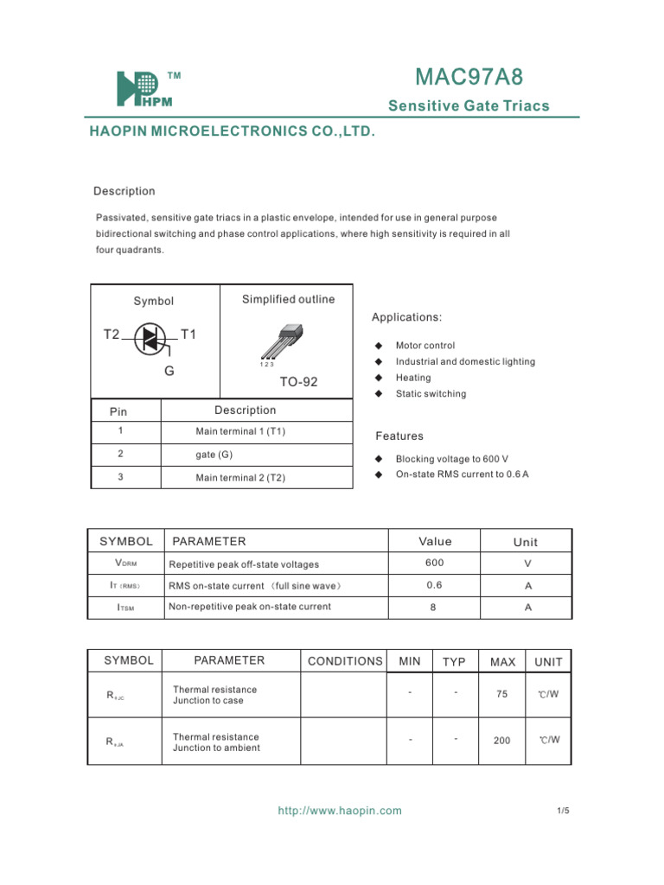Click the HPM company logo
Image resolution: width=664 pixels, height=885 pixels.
[x=145, y=89]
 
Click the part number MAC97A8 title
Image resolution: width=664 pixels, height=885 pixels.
[x=469, y=78]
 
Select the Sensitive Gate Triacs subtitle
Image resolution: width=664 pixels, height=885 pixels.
[x=469, y=106]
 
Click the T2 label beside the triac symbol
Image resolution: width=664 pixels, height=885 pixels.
[x=112, y=334]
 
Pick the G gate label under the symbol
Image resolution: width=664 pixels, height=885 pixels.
[x=169, y=371]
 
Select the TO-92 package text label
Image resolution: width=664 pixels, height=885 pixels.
[x=298, y=381]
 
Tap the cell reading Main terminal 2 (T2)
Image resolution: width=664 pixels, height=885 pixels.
[x=240, y=477]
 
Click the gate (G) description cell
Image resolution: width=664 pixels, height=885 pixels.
[x=214, y=454]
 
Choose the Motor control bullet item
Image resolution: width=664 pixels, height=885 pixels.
[x=425, y=346]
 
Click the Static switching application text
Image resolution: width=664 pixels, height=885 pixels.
[x=431, y=394]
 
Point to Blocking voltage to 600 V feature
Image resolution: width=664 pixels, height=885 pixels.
[x=451, y=459]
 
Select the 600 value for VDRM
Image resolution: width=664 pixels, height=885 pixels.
[x=434, y=563]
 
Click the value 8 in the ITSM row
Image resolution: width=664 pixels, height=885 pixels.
[x=434, y=607]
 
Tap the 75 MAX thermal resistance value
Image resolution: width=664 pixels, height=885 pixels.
[x=502, y=694]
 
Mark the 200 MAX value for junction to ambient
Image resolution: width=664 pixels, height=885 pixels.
[x=502, y=741]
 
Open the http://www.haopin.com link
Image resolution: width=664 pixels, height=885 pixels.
[x=340, y=811]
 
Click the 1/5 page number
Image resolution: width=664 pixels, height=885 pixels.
[x=563, y=811]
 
